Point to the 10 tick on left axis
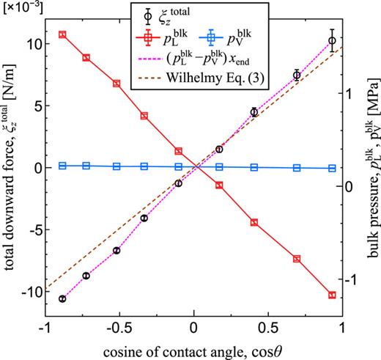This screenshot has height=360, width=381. point(32,43)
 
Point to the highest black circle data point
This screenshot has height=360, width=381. point(332,41)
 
